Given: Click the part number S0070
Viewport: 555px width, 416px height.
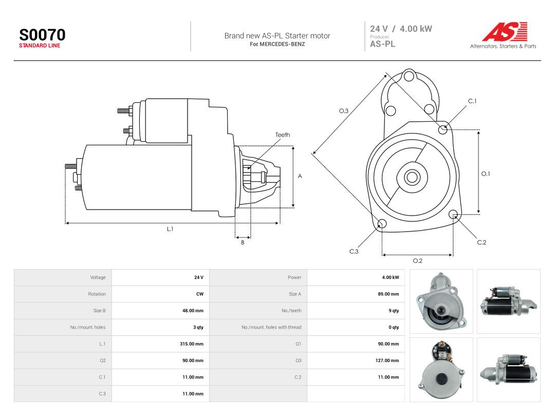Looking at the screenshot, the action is pos(42,35).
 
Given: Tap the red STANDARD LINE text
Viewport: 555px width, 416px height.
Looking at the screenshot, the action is pos(40,46).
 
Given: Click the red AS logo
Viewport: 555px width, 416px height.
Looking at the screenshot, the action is pos(505,31).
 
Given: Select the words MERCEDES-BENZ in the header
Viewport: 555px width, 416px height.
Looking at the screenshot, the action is pos(282,44).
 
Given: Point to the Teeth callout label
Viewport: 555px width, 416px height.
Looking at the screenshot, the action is pos(283,135).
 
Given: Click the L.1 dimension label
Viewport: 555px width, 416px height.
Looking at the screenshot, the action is pos(170,229).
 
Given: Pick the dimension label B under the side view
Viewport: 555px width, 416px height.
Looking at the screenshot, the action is pos(243,242).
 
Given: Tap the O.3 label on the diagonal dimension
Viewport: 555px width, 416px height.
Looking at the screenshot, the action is pos(344,111).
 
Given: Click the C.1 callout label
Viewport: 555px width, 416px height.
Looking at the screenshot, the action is pos(472,101).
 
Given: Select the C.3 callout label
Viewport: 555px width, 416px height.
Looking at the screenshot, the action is pos(354,252).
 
